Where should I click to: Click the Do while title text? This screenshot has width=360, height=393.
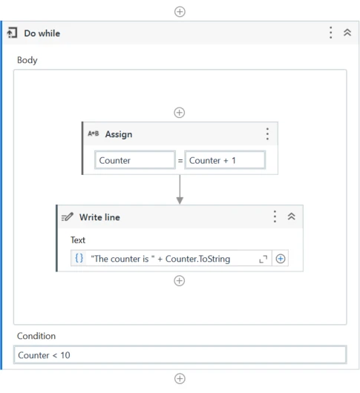tap(42, 33)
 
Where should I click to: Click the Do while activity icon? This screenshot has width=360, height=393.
tap(12, 33)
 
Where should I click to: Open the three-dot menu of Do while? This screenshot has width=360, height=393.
tap(330, 33)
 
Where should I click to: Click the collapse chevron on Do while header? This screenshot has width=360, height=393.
tap(347, 33)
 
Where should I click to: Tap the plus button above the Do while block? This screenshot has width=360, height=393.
tap(180, 12)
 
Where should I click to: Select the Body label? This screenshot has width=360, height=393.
tap(27, 60)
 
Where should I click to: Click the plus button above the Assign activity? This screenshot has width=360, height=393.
tap(180, 113)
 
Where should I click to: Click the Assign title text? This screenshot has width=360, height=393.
tap(119, 134)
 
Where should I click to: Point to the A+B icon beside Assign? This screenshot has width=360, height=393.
tap(94, 133)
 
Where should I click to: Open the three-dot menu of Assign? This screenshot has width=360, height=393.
tap(267, 133)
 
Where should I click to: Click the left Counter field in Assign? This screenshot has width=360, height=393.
tap(135, 160)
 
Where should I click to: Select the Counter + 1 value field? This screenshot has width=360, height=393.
tap(225, 160)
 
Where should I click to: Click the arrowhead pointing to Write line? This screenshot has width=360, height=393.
tap(180, 200)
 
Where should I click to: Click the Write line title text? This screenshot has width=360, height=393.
tap(99, 217)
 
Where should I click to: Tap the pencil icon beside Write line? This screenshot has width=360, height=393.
tap(68, 217)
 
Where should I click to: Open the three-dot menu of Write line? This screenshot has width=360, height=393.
tap(275, 217)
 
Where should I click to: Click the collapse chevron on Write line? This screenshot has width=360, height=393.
tap(291, 217)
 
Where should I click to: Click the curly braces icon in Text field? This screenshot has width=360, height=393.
tap(79, 258)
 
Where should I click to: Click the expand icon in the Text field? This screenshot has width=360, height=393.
tap(264, 260)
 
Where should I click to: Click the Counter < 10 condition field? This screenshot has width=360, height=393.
tap(180, 354)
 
